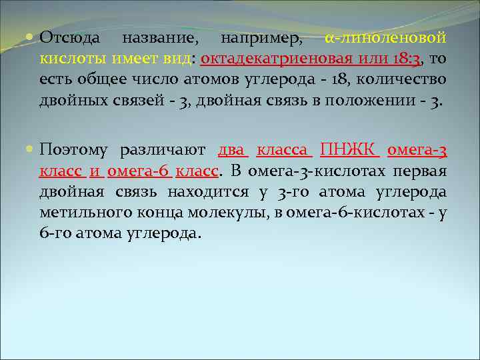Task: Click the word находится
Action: coord(203,192)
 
